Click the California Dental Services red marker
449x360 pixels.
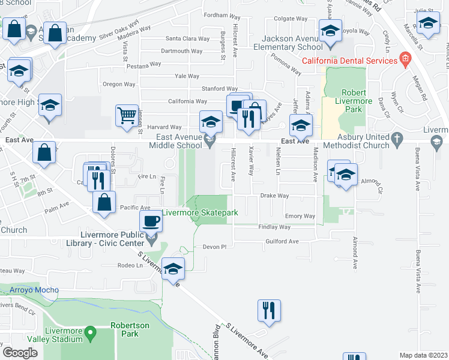(405, 60)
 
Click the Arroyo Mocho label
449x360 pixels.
(34, 290)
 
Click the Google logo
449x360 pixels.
(19, 352)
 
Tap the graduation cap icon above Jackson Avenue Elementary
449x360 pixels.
(330, 31)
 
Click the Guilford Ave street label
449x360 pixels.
(282, 241)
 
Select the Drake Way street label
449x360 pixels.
(274, 196)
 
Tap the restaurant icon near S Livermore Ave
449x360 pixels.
(269, 310)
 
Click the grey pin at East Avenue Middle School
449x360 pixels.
(209, 141)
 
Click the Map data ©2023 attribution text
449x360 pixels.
(423, 355)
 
